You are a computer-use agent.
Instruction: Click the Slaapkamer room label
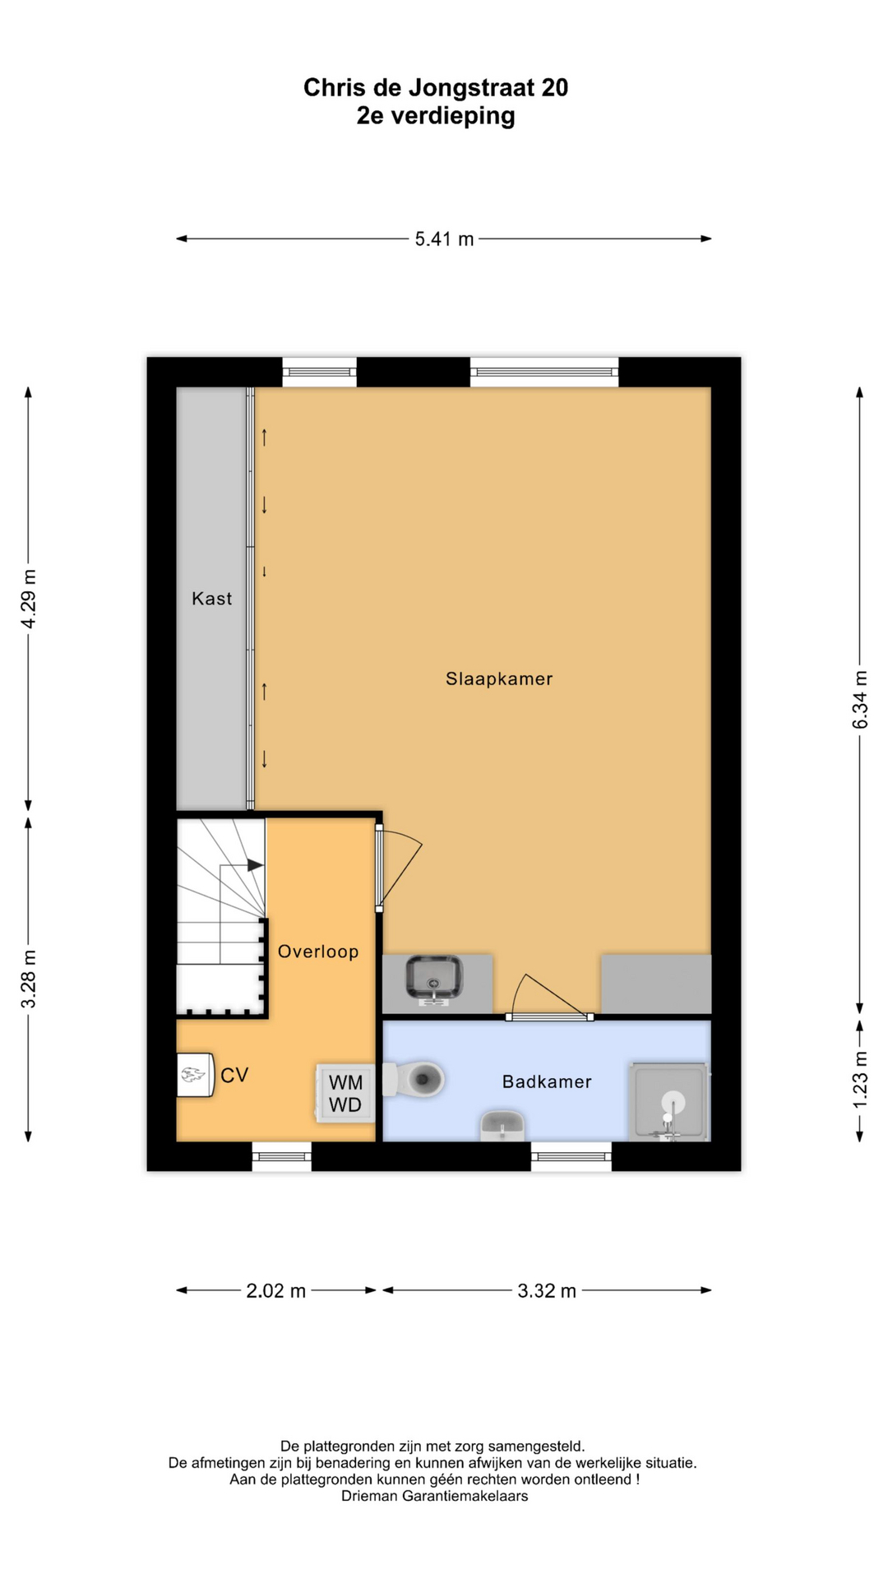pos(499,678)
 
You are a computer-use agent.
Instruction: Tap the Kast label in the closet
pos(212,599)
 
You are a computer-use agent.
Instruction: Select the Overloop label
pos(318,952)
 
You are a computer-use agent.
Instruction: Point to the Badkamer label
pos(547,1081)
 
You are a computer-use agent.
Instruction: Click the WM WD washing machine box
pos(345,1094)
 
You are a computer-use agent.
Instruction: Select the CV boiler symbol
pos(195,1075)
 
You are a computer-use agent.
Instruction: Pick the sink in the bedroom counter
pos(433,978)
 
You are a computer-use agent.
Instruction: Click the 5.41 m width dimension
pos(444,239)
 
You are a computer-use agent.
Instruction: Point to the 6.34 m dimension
pos(860,700)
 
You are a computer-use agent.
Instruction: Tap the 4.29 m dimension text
pos(29,599)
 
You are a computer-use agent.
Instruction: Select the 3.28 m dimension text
pos(29,979)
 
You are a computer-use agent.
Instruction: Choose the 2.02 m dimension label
pos(276,1291)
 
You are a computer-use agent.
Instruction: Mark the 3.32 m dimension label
pos(547,1291)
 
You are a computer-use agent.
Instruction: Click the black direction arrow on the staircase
pos(255,865)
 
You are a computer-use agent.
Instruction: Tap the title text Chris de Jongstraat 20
pos(436,88)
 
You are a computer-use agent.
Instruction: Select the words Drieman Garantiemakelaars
pos(435,1496)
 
